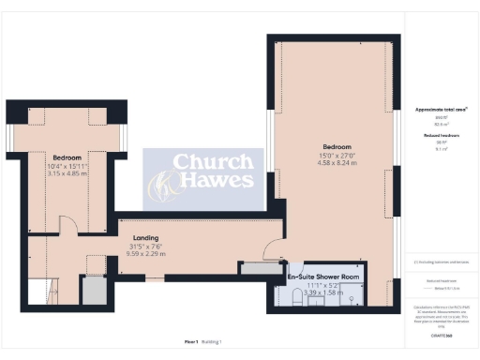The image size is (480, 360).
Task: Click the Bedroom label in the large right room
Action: coord(337,147)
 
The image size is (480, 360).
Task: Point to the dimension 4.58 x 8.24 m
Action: coord(337,164)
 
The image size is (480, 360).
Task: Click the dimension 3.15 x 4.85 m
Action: coord(67,173)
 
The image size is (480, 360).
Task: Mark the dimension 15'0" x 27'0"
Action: coord(337,156)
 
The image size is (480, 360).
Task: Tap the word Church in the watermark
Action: coord(210,160)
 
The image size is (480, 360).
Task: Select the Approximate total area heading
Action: coord(442,110)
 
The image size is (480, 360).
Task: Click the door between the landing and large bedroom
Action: coord(272,249)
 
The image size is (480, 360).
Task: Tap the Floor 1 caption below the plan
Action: coord(190,342)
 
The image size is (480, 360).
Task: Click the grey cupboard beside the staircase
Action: coord(93,292)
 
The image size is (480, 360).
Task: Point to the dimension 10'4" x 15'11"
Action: coord(67,165)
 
